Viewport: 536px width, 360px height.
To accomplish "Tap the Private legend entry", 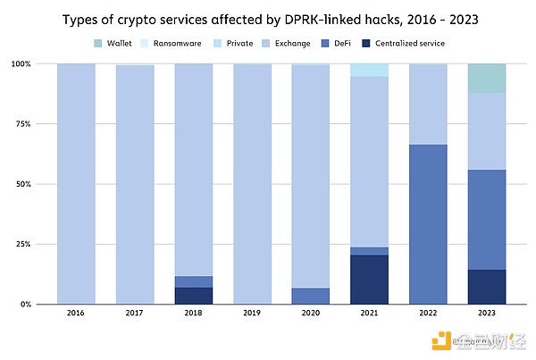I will [235, 43].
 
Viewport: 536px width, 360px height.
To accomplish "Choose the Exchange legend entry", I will [290, 43].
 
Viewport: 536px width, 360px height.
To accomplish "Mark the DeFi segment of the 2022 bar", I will [426, 223].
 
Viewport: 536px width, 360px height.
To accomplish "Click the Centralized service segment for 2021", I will [368, 280].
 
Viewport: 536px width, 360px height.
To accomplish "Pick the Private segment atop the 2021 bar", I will [368, 70].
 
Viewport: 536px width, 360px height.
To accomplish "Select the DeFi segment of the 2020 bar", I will [310, 296].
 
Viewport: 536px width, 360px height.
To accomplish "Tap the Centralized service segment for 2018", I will [193, 295].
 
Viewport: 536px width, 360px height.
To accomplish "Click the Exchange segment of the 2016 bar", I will [76, 183].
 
